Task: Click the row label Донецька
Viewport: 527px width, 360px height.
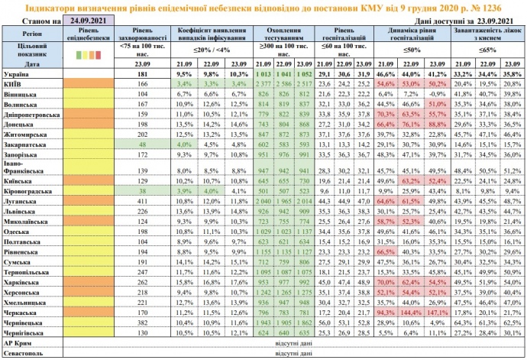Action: tap(21, 122)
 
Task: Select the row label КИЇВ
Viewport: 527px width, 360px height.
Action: tap(15, 82)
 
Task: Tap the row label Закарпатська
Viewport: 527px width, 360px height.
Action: tap(27, 142)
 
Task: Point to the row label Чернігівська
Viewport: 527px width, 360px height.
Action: tap(27, 332)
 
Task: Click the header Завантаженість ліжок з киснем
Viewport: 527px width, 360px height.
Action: tap(485, 34)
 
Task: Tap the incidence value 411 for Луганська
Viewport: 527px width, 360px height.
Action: tap(142, 222)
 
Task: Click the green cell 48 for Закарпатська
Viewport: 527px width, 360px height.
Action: tap(142, 142)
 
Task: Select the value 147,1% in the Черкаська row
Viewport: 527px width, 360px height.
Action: tap(438, 312)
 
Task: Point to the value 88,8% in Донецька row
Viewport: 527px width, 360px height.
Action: tap(438, 122)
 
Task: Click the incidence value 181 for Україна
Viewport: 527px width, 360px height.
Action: tap(142, 72)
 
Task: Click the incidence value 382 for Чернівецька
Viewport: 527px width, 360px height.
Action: tap(142, 323)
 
